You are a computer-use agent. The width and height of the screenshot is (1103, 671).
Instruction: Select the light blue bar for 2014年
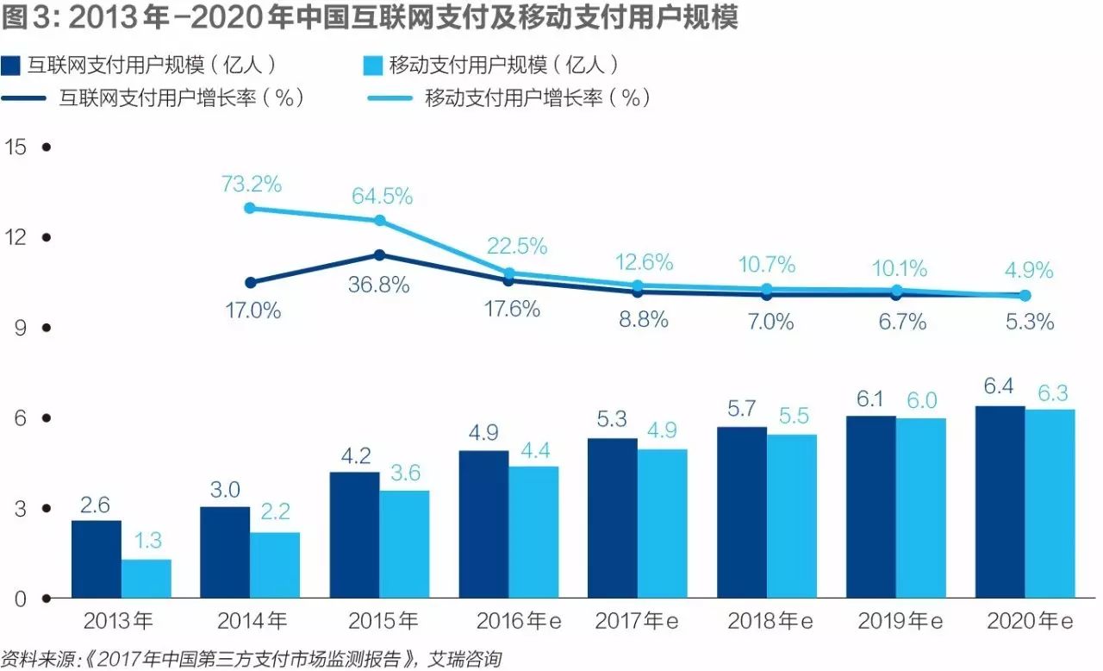275,565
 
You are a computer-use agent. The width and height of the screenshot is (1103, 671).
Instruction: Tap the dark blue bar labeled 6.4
1000,502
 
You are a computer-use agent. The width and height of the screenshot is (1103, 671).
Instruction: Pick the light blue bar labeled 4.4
533,532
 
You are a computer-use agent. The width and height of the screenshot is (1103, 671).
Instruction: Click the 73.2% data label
251,184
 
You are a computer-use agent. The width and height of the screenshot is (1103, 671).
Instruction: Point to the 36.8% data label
378,285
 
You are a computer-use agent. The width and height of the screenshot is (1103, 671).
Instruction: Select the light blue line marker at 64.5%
379,221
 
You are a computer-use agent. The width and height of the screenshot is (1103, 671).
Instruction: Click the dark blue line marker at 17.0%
251,282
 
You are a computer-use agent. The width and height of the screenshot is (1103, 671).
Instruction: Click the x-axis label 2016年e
512,621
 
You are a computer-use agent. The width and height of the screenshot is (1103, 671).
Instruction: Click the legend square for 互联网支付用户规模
12,66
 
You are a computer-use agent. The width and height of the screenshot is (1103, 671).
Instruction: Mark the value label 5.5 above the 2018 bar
792,416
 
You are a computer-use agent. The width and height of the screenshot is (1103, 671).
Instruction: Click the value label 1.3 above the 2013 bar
146,541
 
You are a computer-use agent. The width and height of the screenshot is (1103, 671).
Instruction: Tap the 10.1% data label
897,268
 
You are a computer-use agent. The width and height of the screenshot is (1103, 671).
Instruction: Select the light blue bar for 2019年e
921,508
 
